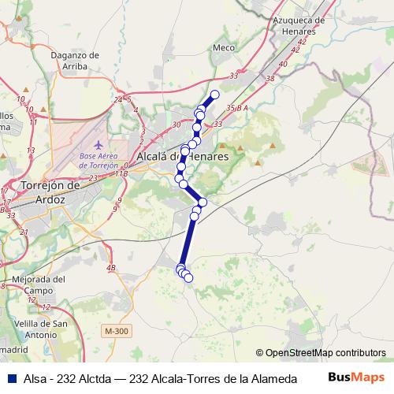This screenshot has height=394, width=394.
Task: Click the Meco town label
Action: click(x=225, y=47)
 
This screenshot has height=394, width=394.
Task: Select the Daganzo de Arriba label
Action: click(x=73, y=61)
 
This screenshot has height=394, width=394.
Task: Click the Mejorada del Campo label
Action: click(x=38, y=284)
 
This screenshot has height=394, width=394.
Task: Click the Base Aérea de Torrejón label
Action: click(x=98, y=161)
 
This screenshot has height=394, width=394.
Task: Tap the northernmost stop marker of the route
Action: click(x=214, y=95)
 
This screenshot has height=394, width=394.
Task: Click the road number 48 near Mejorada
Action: click(x=110, y=269)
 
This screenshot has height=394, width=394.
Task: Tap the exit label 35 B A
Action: click(x=237, y=107)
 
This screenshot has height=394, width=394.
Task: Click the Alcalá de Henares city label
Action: click(x=182, y=157)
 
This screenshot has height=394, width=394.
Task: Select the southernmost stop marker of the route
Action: click(x=188, y=277)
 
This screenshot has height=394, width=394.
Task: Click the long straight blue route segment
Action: click(x=188, y=240)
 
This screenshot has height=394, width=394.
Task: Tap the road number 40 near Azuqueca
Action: click(x=282, y=65)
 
